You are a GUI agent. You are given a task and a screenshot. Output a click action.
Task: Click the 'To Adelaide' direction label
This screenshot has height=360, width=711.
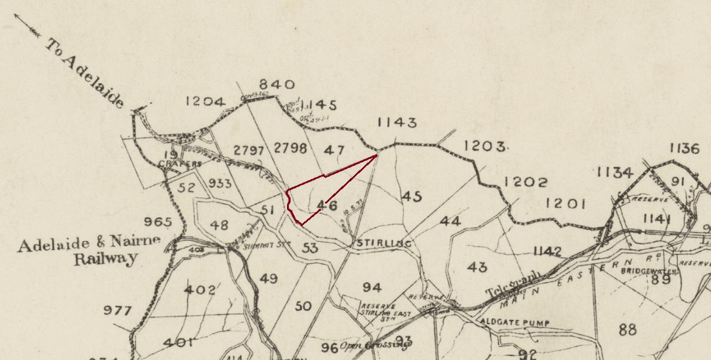85,72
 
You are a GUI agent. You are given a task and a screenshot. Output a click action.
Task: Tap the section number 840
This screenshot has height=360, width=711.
277,85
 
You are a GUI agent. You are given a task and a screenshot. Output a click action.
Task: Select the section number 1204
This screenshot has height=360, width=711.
205,101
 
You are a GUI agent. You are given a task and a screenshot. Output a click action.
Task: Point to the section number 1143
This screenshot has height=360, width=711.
397,123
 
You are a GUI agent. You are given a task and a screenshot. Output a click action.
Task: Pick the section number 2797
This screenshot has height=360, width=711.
249,149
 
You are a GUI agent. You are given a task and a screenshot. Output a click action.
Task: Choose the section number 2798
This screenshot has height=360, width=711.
290,148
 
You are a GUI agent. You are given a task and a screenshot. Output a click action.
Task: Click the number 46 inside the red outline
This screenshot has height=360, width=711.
326,206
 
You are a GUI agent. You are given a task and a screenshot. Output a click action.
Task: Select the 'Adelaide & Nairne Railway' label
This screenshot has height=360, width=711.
80,253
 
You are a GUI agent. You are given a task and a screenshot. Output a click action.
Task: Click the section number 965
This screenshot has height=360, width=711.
158,222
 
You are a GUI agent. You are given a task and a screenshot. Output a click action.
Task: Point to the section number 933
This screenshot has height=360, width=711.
220,184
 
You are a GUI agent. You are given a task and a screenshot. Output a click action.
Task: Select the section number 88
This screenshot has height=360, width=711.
627,330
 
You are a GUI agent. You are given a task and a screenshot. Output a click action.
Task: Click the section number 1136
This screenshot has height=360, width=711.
684,149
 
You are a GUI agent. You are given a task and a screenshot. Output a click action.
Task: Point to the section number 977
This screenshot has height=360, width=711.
118,310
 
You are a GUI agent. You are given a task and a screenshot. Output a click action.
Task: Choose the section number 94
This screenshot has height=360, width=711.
372,288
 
